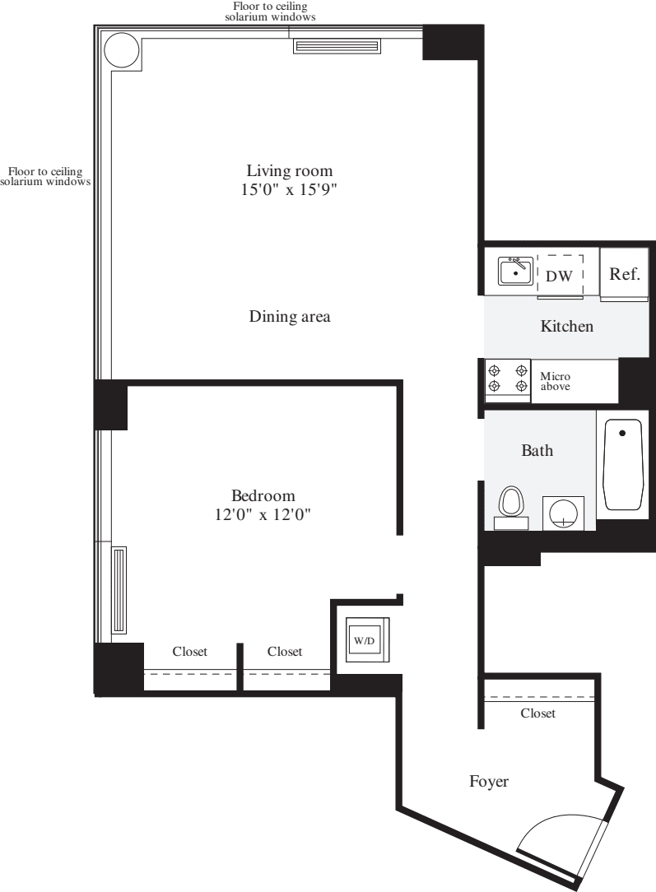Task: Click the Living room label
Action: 290,171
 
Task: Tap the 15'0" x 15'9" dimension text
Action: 290,190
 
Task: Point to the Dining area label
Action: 290,317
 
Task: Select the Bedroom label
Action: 263,495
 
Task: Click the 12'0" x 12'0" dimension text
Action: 263,515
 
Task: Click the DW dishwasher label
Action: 559,276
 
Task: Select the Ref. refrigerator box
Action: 624,274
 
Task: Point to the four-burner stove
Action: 507,379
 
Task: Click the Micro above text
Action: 555,381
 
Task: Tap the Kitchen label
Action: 566,327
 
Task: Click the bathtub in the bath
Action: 623,465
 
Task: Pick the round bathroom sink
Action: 563,513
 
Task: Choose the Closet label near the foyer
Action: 538,713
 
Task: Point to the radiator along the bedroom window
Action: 120,590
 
